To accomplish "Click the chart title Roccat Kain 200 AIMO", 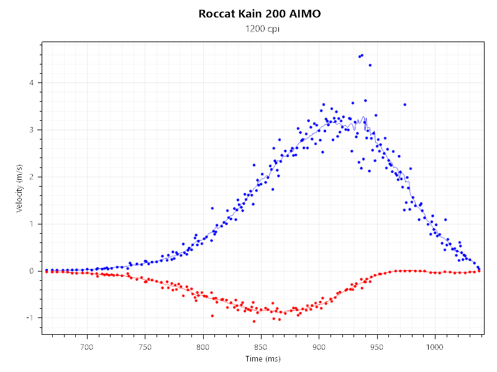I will click(x=260, y=14).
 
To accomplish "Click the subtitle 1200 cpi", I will click(x=260, y=29).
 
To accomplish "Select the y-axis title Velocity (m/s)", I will click(x=20, y=188).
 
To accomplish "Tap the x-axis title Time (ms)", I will click(x=262, y=359).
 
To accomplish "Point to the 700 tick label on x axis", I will click(x=86, y=347).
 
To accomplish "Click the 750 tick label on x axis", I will click(x=145, y=347).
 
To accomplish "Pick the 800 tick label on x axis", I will click(x=203, y=347).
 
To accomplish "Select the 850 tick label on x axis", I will click(x=261, y=347).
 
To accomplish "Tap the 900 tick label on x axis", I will click(x=319, y=347).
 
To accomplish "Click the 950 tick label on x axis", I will click(x=377, y=347).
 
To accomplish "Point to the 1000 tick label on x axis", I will click(x=435, y=347).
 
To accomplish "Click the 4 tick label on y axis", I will click(x=35, y=83).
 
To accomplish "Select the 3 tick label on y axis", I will click(x=35, y=130).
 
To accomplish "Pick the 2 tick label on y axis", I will click(x=35, y=177).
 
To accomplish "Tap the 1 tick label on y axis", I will click(x=35, y=224).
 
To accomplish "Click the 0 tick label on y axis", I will click(x=35, y=271).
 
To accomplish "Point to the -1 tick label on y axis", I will click(x=34, y=318).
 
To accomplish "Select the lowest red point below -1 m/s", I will click(x=253, y=321).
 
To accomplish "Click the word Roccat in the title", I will click(x=218, y=14).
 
